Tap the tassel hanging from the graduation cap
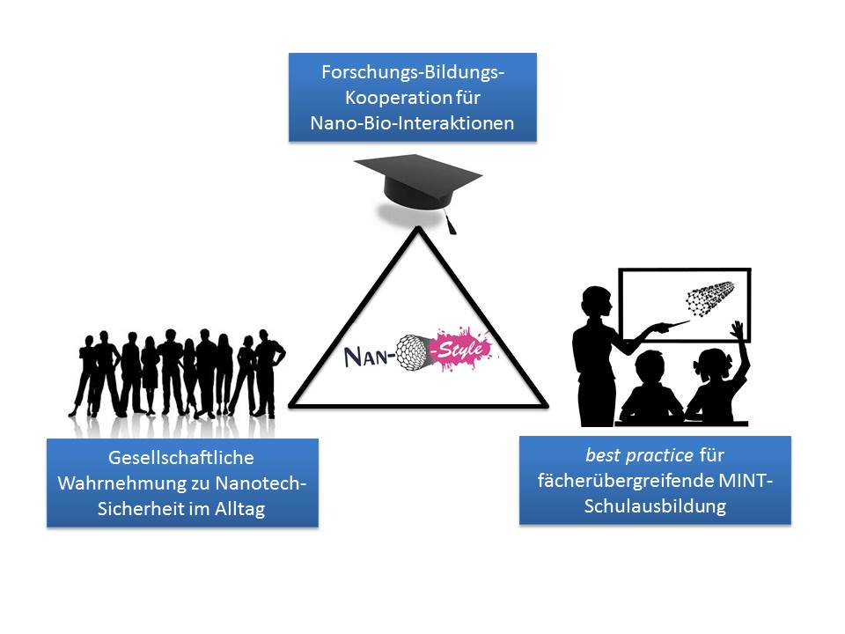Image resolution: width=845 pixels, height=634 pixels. (x=451, y=224)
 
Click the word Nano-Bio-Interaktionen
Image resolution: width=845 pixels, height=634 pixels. (x=412, y=123)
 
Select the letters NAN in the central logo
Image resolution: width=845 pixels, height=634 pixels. (x=369, y=357)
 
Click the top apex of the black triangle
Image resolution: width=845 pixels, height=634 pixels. (x=417, y=231)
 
